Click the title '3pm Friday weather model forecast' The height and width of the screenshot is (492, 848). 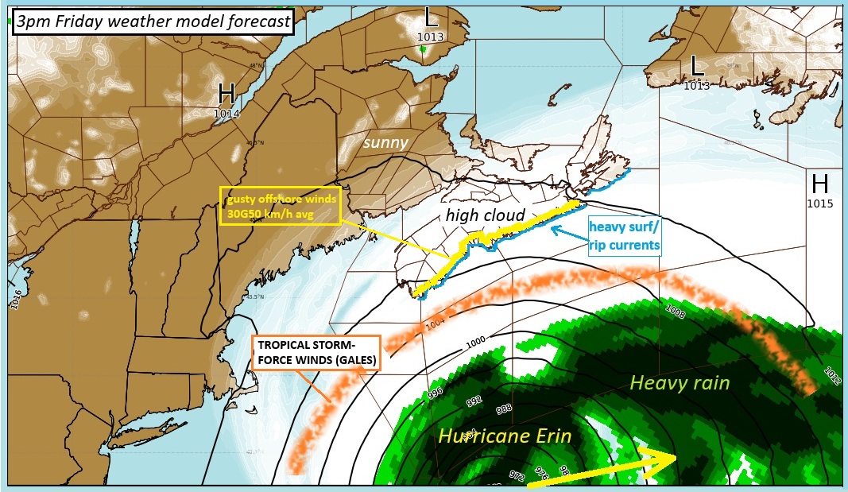pos(153,21)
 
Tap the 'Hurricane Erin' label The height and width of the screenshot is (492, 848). pos(505,436)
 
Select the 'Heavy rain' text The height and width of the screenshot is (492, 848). pos(679,382)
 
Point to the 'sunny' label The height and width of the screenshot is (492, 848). pos(386,142)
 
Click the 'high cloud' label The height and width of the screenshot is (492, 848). pos(485,215)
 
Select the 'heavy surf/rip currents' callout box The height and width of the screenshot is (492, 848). pos(625,235)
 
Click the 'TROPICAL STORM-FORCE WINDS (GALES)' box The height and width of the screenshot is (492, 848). pos(316,353)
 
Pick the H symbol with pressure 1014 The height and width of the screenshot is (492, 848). pos(227,95)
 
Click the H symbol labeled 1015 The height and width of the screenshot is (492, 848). pos(820,185)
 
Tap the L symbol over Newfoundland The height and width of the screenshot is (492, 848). pos(697,66)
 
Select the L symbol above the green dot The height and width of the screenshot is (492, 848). pos(430,16)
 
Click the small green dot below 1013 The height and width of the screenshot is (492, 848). pos(423,49)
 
